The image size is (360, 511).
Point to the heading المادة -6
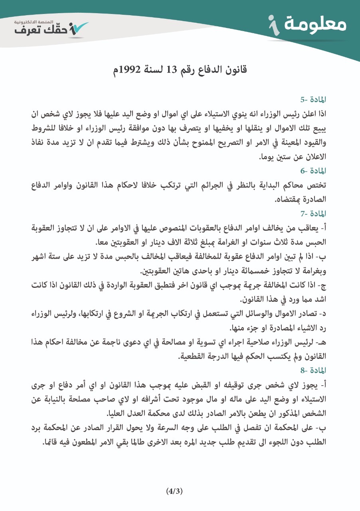314,171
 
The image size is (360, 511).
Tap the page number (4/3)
174,491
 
